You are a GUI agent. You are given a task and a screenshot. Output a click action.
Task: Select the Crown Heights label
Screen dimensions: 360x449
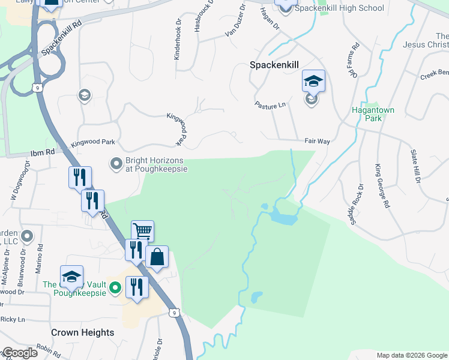click(82, 332)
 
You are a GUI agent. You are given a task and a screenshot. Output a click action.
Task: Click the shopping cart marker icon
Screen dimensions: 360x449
click(142, 230)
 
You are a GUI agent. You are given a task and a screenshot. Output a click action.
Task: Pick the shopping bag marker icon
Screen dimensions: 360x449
click(157, 257)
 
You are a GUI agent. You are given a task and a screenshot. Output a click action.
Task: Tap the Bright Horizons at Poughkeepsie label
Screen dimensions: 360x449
click(156, 164)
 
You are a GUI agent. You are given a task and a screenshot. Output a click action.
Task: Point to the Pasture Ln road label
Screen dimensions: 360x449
click(270, 106)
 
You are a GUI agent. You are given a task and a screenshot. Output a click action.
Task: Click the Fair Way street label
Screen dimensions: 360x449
click(318, 142)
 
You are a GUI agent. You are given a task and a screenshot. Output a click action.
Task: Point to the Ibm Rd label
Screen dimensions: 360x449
click(42, 153)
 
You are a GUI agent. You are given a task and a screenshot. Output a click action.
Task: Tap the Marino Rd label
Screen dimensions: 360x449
click(40, 255)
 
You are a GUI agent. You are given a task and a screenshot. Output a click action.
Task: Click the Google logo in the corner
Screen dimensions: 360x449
click(19, 353)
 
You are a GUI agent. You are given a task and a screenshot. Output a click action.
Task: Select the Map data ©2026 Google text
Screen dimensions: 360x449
click(412, 355)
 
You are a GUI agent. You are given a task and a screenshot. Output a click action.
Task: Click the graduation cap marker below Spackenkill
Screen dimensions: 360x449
click(313, 80)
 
